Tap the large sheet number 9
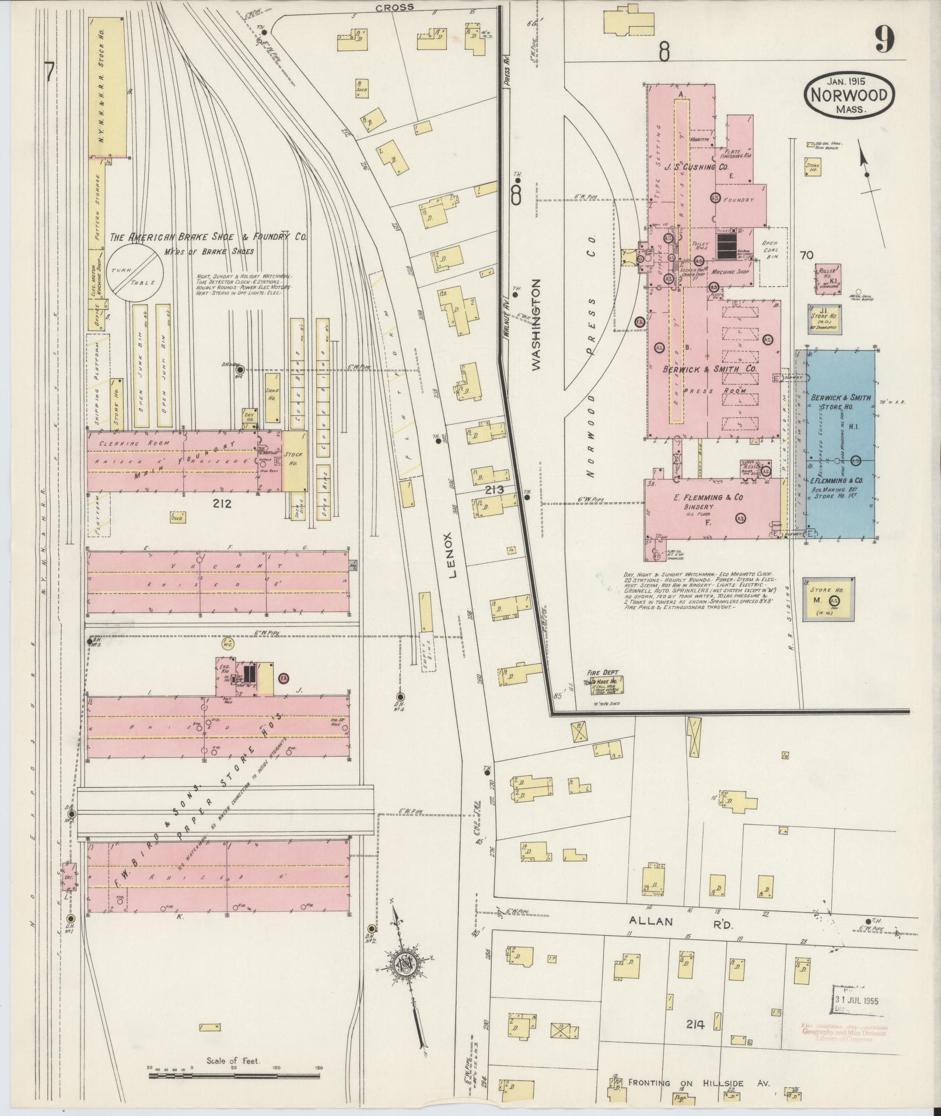coord(884,41)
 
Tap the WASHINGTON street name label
coord(536,324)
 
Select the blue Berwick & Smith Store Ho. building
coord(841,443)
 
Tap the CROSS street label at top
coord(394,8)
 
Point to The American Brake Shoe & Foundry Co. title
coord(209,237)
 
